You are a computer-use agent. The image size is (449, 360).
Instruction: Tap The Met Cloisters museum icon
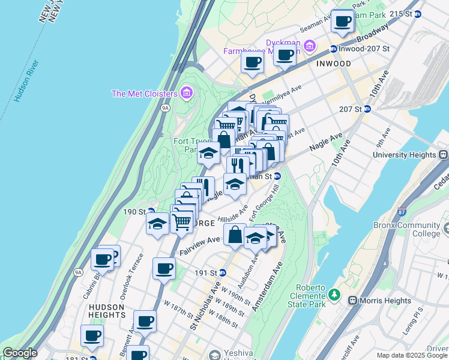pyautogui.click(x=186, y=94)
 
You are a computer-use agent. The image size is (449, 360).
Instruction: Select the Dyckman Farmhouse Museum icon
pyautogui.click(x=310, y=46)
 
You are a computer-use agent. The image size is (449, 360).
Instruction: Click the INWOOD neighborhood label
pyautogui.click(x=334, y=64)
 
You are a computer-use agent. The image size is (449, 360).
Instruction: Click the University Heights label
pyautogui.click(x=409, y=154)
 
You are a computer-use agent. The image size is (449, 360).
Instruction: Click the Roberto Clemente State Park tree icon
pyautogui.click(x=334, y=296)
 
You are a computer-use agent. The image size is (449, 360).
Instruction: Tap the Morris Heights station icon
pyautogui.click(x=352, y=300)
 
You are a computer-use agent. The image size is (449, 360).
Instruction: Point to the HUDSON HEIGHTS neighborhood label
pyautogui.click(x=106, y=311)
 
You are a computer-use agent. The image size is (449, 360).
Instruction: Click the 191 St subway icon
pyautogui.click(x=223, y=272)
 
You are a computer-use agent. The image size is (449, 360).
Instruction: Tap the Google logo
pyautogui.click(x=20, y=353)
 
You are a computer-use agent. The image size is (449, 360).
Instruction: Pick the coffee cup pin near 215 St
pyautogui.click(x=343, y=22)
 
